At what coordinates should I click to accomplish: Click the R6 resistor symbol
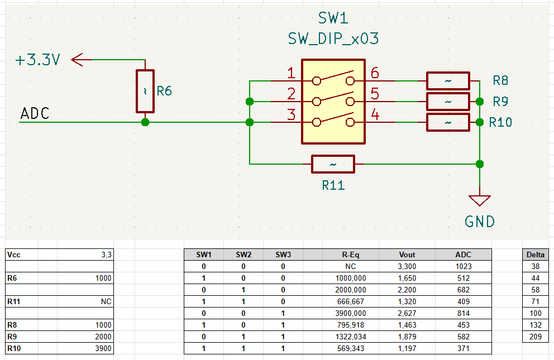pyautogui.click(x=145, y=91)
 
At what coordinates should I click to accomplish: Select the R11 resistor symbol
pyautogui.click(x=333, y=164)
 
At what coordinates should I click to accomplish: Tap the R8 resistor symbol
pyautogui.click(x=447, y=81)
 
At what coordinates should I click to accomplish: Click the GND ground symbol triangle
pyautogui.click(x=479, y=200)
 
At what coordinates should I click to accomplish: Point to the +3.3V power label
pyautogui.click(x=38, y=60)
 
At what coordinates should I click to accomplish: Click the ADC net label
pyautogui.click(x=35, y=114)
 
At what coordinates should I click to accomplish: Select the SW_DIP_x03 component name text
pyautogui.click(x=333, y=39)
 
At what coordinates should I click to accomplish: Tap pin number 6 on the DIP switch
pyautogui.click(x=374, y=73)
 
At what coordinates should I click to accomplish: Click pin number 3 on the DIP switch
pyautogui.click(x=291, y=115)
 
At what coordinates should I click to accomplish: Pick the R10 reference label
pyautogui.click(x=500, y=122)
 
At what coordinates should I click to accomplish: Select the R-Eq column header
pyautogui.click(x=350, y=255)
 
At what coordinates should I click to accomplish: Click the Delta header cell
pyautogui.click(x=536, y=255)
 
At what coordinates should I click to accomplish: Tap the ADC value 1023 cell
pyautogui.click(x=464, y=266)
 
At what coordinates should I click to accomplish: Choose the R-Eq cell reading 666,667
pyautogui.click(x=350, y=301)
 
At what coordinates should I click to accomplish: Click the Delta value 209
pyautogui.click(x=536, y=337)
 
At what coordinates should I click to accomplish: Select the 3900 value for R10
pyautogui.click(x=103, y=349)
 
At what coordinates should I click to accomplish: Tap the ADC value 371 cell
pyautogui.click(x=464, y=348)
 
